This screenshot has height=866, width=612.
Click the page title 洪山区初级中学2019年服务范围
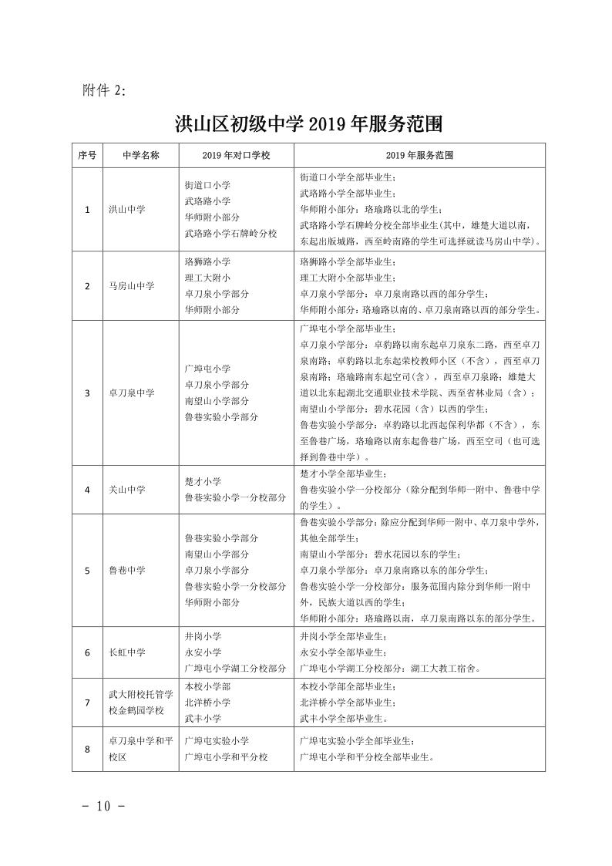(311, 123)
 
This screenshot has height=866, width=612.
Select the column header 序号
(87, 155)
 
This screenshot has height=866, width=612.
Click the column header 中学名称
(141, 155)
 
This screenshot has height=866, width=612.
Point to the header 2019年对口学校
(236, 155)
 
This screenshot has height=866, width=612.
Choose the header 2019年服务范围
(419, 155)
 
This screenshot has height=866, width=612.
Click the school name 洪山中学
(126, 209)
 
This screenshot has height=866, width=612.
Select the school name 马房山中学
(131, 285)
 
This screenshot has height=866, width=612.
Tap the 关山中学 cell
(126, 489)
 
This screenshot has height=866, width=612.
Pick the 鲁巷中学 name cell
(126, 570)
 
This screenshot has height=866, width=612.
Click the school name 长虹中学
(126, 652)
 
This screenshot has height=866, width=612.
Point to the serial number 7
(87, 702)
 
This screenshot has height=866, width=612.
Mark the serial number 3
(87, 393)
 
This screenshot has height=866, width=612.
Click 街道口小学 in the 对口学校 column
(207, 186)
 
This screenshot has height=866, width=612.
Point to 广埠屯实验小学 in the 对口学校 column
(217, 741)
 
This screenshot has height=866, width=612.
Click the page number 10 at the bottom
(103, 807)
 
